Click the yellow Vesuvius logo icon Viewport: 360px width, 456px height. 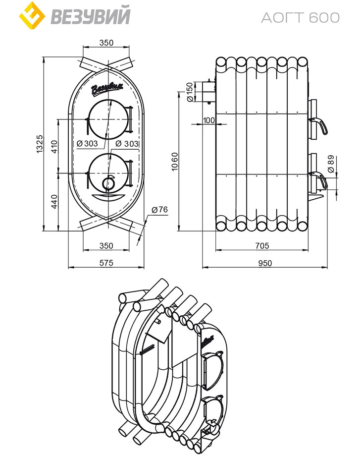click(32, 15)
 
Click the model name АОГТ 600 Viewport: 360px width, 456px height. click(301, 18)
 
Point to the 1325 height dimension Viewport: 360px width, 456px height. click(39, 143)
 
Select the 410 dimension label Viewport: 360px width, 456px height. click(54, 147)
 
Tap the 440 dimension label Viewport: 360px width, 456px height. click(54, 202)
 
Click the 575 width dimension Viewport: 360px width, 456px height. click(106, 263)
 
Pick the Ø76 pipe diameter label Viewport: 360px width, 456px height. click(160, 209)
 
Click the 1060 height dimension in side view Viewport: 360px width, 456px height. click(174, 162)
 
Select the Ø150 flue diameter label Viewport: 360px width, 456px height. click(190, 92)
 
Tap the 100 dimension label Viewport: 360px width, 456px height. click(208, 120)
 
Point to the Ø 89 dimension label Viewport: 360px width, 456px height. click(331, 164)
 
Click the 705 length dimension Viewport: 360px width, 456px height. click(262, 246)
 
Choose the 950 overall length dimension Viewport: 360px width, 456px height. click(265, 263)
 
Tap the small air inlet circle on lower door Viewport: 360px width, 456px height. click(108, 183)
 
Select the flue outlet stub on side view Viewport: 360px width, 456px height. click(208, 92)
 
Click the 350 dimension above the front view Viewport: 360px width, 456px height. click(106, 43)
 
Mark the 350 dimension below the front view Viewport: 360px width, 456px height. click(106, 246)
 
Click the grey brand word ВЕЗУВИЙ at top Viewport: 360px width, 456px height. click(91, 16)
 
